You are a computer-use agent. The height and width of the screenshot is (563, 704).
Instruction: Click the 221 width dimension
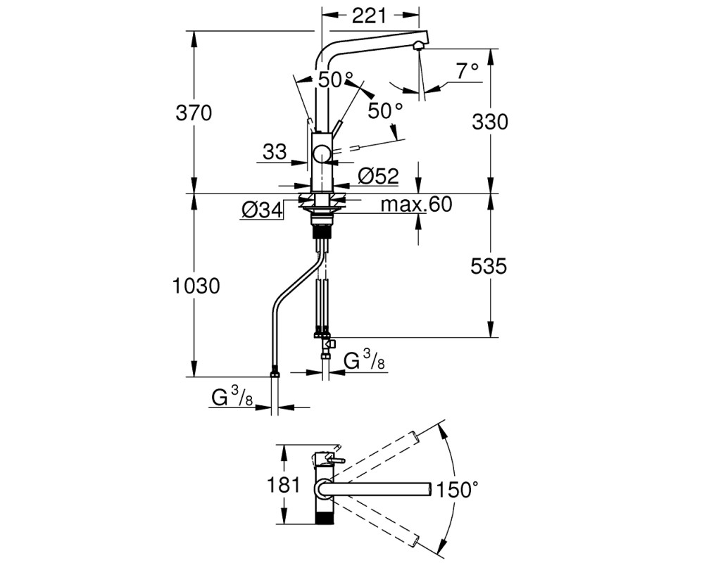pos(369,15)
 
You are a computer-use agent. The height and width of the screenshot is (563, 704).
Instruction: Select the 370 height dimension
pos(194,113)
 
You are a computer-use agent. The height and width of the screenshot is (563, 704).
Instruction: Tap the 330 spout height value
pos(490,122)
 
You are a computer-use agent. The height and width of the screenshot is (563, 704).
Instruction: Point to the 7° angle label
pos(468,71)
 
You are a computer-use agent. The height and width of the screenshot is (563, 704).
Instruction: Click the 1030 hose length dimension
pos(196,286)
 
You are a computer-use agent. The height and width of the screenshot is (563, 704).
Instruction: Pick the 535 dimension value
pos(489,266)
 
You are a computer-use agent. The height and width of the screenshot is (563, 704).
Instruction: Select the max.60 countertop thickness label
pos(416,205)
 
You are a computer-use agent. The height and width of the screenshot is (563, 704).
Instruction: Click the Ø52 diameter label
pos(379,176)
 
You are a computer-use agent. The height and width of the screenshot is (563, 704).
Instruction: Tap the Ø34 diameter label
pos(262,210)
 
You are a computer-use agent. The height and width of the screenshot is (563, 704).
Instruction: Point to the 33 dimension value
pos(275,152)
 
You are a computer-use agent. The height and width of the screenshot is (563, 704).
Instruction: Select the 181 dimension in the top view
pos(283,485)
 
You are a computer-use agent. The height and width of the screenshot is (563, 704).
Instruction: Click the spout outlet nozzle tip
pos(418,45)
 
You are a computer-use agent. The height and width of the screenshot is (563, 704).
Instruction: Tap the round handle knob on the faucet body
pos(322,154)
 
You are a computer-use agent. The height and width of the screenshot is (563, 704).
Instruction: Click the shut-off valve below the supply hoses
pos(328,344)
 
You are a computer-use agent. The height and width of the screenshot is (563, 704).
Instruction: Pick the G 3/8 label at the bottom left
pos(232,398)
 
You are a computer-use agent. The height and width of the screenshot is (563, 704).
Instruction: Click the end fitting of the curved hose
pos(275,373)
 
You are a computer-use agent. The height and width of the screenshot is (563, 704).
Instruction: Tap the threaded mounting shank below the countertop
pos(322,232)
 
